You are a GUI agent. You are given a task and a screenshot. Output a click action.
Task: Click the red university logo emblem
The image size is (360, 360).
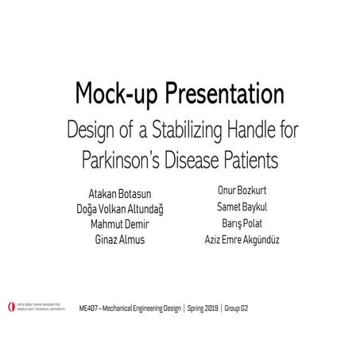click(x=10, y=306)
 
